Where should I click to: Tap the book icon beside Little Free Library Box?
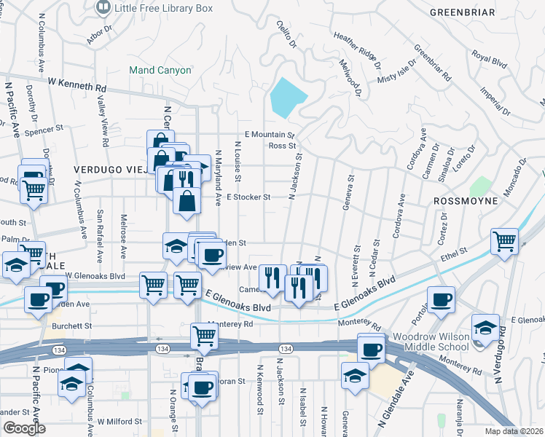[x=104, y=9]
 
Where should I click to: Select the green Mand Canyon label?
[x=160, y=71]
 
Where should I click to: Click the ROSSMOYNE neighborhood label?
[x=465, y=200]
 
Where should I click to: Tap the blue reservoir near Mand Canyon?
[x=289, y=98]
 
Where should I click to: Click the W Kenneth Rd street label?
[x=76, y=86]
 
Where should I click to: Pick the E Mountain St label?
[x=269, y=135]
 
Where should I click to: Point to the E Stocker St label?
[x=248, y=197]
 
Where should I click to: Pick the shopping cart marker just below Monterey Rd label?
[x=205, y=336]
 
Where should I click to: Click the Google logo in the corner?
[x=24, y=428]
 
